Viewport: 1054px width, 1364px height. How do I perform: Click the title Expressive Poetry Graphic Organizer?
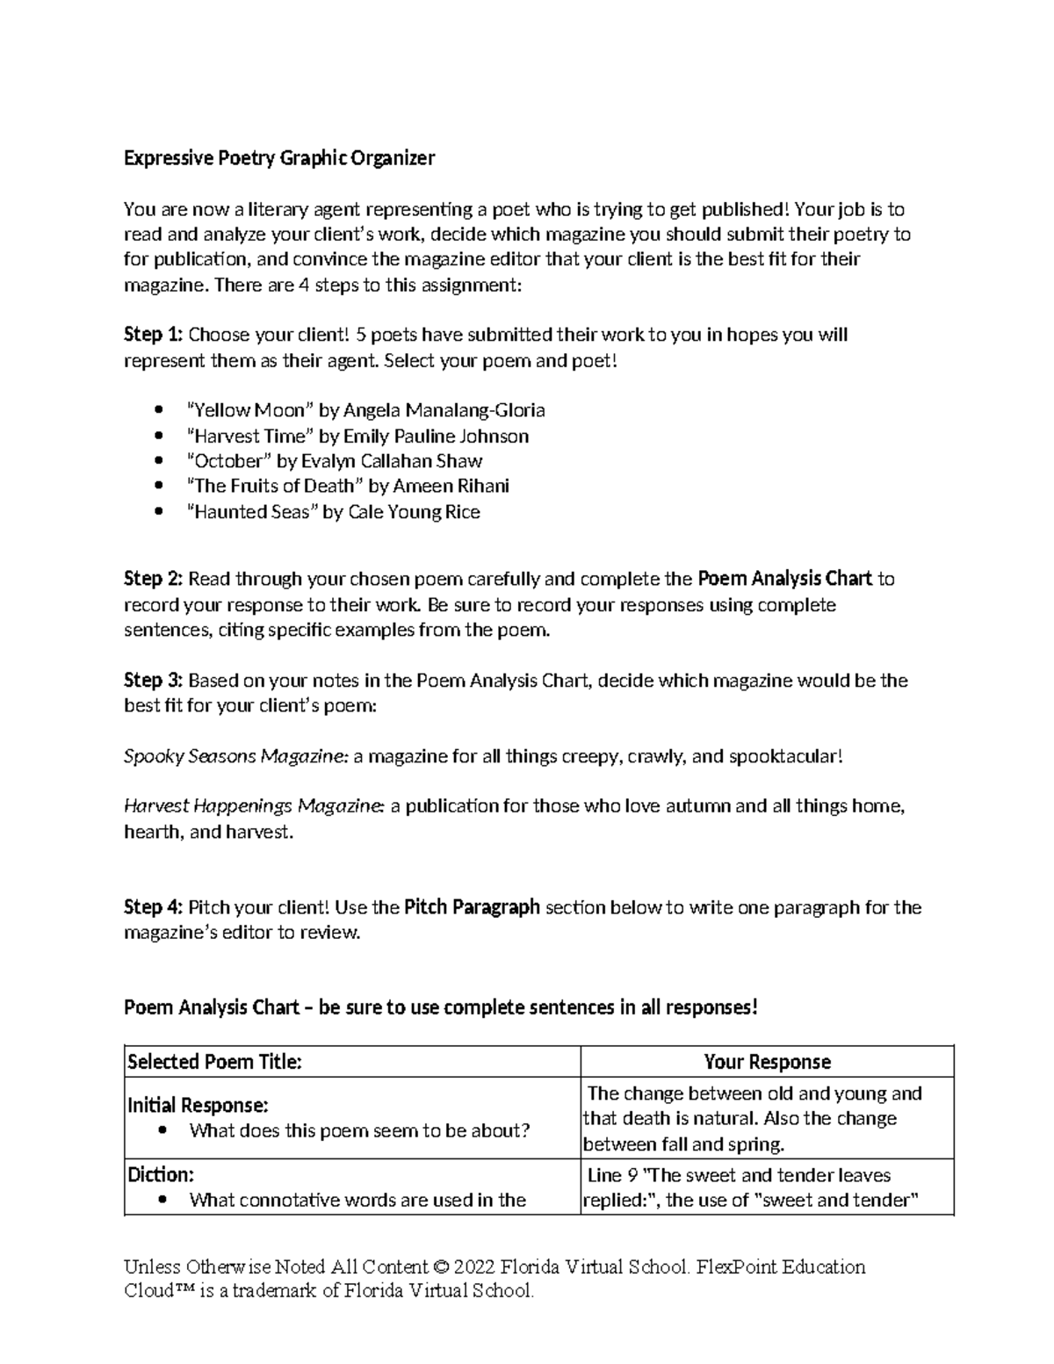pyautogui.click(x=279, y=158)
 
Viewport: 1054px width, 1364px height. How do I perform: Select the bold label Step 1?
pyautogui.click(x=153, y=335)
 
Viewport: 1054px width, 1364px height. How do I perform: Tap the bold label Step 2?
pyautogui.click(x=153, y=579)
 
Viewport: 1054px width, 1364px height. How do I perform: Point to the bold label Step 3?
pyautogui.click(x=153, y=681)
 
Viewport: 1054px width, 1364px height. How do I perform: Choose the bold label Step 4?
pyautogui.click(x=153, y=907)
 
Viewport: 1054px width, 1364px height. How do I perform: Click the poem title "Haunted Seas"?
pyautogui.click(x=252, y=512)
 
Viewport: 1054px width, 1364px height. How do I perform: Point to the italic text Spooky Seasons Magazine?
pyautogui.click(x=236, y=756)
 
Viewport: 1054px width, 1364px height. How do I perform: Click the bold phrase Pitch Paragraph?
pyautogui.click(x=472, y=907)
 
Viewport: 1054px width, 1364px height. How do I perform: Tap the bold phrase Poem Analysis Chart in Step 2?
pyautogui.click(x=784, y=579)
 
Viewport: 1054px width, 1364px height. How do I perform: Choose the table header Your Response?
pyautogui.click(x=767, y=1062)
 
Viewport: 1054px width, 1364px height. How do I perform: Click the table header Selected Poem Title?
pyautogui.click(x=215, y=1062)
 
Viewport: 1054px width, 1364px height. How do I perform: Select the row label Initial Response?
pyautogui.click(x=198, y=1105)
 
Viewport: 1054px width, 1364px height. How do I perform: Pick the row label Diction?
pyautogui.click(x=161, y=1175)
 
